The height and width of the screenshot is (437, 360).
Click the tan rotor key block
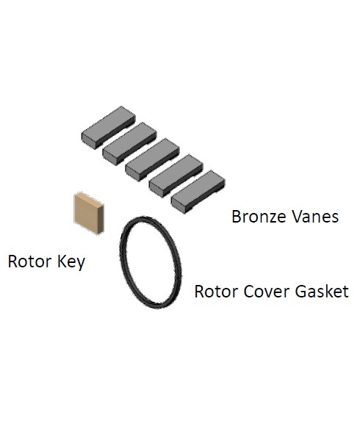pos(89,213)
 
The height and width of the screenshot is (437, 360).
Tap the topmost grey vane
pos(109,127)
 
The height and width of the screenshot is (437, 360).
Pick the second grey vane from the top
pos(129,143)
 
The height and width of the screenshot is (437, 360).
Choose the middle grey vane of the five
pos(152,159)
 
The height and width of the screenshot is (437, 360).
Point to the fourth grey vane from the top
pos(176,176)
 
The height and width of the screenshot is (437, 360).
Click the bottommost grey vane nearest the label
pos(198,192)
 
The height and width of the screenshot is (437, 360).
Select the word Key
pos(71,262)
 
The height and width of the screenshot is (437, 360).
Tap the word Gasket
pos(322,292)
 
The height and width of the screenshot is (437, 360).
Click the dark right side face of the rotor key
pos(101,219)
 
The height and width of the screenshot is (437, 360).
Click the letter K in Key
pos(62,261)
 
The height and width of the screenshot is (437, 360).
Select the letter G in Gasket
pos(301,292)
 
